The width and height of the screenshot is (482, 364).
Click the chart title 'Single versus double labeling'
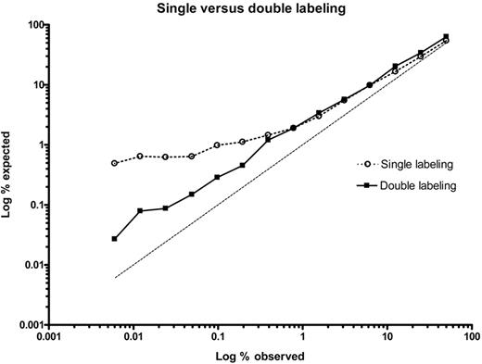click(247, 8)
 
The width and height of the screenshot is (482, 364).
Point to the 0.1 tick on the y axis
click(37, 206)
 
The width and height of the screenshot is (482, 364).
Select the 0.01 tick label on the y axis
click(34, 266)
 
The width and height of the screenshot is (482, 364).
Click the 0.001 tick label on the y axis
click(32, 325)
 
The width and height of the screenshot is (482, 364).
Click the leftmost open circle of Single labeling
click(115, 163)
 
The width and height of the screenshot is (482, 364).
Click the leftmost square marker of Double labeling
click(115, 239)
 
